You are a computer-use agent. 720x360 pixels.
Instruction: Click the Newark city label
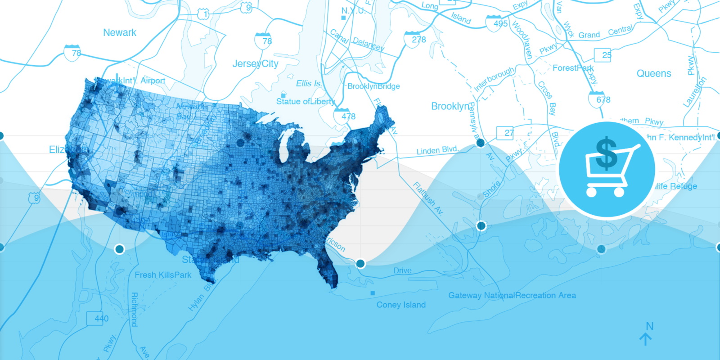[120, 33]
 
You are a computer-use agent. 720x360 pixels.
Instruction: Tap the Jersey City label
[255, 64]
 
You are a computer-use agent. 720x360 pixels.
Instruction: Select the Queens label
[653, 74]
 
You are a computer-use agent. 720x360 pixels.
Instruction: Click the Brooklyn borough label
[450, 107]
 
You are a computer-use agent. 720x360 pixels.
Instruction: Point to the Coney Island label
[401, 305]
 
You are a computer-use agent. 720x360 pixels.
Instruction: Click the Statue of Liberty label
[305, 102]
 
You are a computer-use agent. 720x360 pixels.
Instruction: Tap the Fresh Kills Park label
[163, 275]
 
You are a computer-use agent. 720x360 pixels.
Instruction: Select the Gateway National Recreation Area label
[512, 296]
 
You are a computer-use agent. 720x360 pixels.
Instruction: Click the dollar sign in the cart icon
[606, 153]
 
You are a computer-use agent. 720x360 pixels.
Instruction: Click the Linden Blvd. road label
[437, 150]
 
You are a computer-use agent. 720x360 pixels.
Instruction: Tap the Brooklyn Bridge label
[373, 86]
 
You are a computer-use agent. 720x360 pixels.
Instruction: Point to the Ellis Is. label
[309, 84]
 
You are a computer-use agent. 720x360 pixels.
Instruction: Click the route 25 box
[603, 55]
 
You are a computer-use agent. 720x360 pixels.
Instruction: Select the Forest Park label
[573, 68]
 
